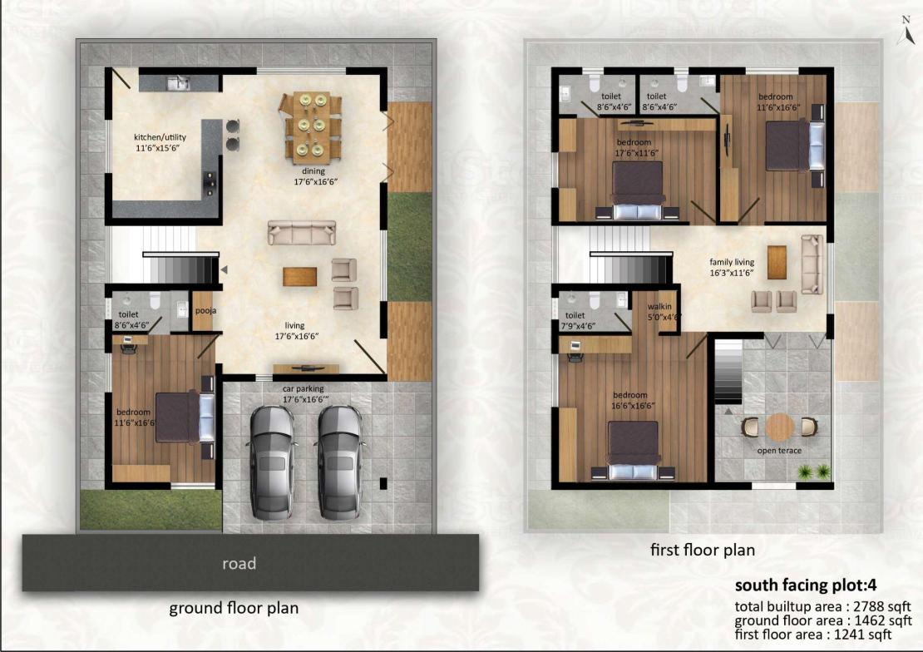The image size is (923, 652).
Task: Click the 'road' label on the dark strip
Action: [x=239, y=564]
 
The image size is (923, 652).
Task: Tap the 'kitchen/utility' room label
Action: [x=160, y=137]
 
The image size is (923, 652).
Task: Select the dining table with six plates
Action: [x=311, y=126]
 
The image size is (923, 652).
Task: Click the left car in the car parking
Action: [x=272, y=462]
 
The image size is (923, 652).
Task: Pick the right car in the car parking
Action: [x=339, y=462]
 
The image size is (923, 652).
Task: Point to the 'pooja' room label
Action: [x=205, y=311]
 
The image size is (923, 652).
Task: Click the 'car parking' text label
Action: [x=303, y=388]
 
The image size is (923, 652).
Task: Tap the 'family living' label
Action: [x=732, y=262]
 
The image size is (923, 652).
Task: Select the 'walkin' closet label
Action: [x=659, y=306]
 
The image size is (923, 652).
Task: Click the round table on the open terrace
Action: [x=780, y=427]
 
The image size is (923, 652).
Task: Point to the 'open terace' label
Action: [x=779, y=451]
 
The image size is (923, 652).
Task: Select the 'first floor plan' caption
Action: [x=703, y=550]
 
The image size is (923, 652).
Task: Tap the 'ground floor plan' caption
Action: [x=234, y=608]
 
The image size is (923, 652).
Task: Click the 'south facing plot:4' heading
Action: [x=806, y=585]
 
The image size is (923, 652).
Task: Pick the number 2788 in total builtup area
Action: [x=870, y=606]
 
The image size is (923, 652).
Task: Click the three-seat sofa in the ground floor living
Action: [x=302, y=233]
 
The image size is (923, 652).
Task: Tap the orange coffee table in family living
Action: [x=777, y=263]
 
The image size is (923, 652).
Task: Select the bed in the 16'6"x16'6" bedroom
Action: [x=634, y=451]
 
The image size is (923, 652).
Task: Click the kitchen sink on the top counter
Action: [x=178, y=84]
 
